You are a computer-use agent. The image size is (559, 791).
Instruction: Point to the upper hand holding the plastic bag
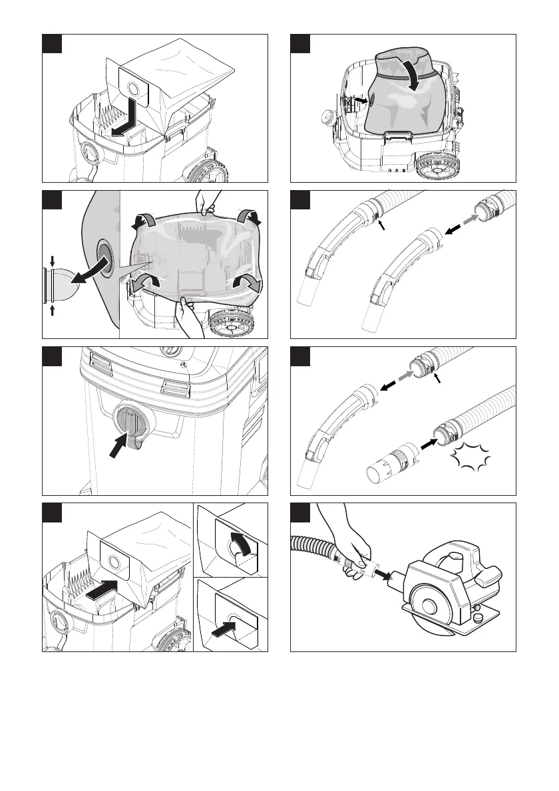pyautogui.click(x=208, y=201)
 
